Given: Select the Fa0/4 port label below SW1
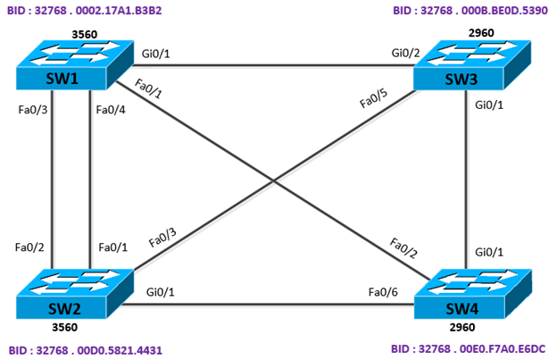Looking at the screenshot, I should click(x=110, y=111).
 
